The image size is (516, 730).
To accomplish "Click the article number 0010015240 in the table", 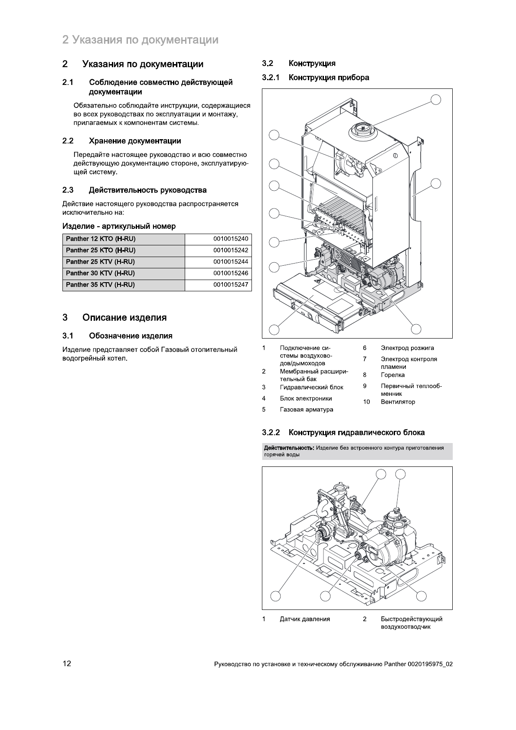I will (230, 239).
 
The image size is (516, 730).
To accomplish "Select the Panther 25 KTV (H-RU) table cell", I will (100, 262).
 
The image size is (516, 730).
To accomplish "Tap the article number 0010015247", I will (230, 285).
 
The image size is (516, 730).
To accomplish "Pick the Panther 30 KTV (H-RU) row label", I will (100, 274).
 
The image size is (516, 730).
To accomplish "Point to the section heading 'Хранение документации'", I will (134, 141).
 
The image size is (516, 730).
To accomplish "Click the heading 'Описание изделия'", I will (124, 317).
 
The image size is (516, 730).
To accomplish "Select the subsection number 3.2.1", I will (271, 78).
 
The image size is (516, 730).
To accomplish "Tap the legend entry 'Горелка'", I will (392, 375).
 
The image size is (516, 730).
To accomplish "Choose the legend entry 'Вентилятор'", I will (398, 402).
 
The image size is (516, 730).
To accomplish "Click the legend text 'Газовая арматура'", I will (306, 410).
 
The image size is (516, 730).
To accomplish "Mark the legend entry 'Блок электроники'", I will (306, 398).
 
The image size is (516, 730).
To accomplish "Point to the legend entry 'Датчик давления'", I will (304, 619).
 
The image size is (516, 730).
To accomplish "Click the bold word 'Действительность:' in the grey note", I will (289, 448).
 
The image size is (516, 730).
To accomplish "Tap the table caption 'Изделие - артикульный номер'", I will (119, 226).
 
